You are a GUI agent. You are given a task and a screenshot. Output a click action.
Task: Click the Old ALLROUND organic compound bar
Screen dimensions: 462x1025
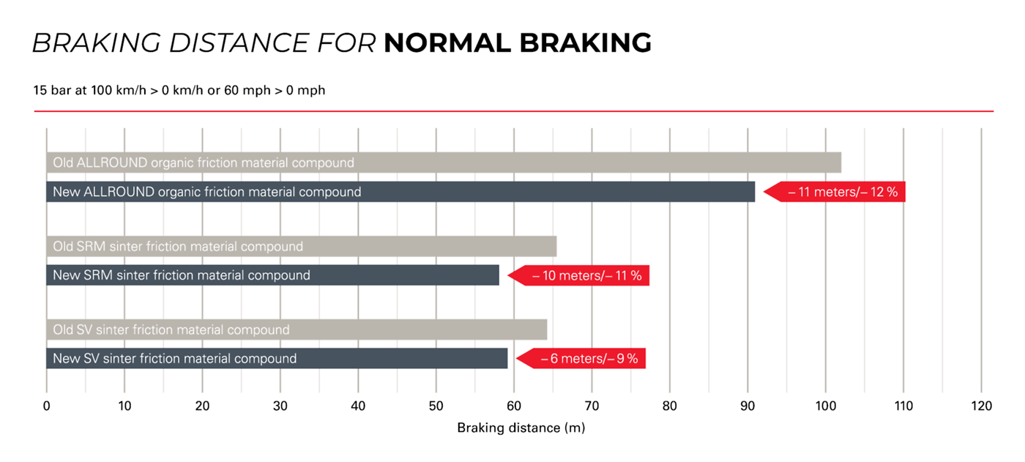click(443, 163)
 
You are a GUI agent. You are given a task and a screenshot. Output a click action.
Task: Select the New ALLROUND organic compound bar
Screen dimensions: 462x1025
click(400, 192)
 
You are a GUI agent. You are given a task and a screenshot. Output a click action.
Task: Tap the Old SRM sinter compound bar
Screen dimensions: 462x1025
click(301, 247)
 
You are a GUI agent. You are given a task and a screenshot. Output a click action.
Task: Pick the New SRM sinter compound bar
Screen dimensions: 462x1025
click(272, 276)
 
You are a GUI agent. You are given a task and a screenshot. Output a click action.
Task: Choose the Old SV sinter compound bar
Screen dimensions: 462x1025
click(296, 330)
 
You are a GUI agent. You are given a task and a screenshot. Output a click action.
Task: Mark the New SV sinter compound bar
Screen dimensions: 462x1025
click(277, 359)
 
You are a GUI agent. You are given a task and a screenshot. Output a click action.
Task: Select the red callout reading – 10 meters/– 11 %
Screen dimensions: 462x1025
click(580, 276)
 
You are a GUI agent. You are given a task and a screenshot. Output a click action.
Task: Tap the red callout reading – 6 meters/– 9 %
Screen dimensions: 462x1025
click(582, 359)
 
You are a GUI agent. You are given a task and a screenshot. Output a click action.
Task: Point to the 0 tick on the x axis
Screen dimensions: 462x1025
click(46, 406)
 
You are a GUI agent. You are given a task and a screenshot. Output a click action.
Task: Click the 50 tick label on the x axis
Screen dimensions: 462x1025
click(436, 406)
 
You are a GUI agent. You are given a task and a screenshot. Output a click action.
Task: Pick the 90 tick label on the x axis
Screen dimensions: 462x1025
click(748, 406)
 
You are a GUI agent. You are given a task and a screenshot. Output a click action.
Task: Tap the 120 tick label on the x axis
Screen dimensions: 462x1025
click(981, 406)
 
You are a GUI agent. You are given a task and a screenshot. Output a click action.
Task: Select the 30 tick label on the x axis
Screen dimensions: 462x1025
click(280, 406)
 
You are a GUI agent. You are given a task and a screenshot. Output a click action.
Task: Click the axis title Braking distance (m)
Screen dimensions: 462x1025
click(521, 428)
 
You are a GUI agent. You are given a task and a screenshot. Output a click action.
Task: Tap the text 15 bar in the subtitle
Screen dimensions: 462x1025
click(50, 91)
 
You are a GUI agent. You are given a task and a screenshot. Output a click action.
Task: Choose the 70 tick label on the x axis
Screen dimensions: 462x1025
click(592, 406)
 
